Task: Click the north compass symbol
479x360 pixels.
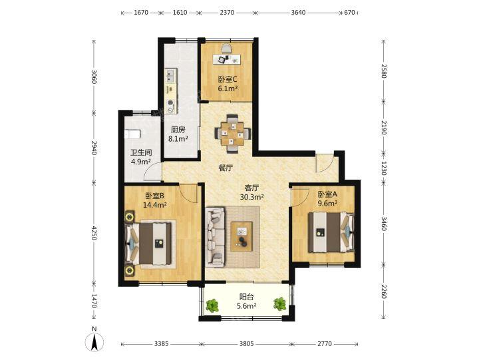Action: coord(94,340)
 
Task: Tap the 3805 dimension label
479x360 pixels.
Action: coord(247,344)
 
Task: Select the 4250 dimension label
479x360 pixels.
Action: coord(94,233)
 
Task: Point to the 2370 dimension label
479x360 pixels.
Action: coord(227,13)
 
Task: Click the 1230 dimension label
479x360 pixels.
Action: coord(384,168)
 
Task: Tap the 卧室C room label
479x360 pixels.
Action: coord(228,79)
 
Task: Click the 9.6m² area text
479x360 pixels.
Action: coord(327,203)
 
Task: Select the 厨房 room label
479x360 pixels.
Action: coord(178,130)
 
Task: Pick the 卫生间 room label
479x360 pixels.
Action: coord(141,152)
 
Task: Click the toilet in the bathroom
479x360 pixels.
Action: coord(133,134)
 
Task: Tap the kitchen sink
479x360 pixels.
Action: coord(171,76)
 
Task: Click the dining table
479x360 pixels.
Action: coord(233,133)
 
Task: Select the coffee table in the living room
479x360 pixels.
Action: coord(241,236)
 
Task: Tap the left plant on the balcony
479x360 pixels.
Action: coord(212,305)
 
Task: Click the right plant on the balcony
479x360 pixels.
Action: coord(280,304)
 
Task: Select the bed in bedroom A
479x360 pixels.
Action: coord(331,232)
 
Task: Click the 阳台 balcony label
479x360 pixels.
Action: coord(247,297)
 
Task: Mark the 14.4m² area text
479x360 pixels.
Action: coord(155,205)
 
